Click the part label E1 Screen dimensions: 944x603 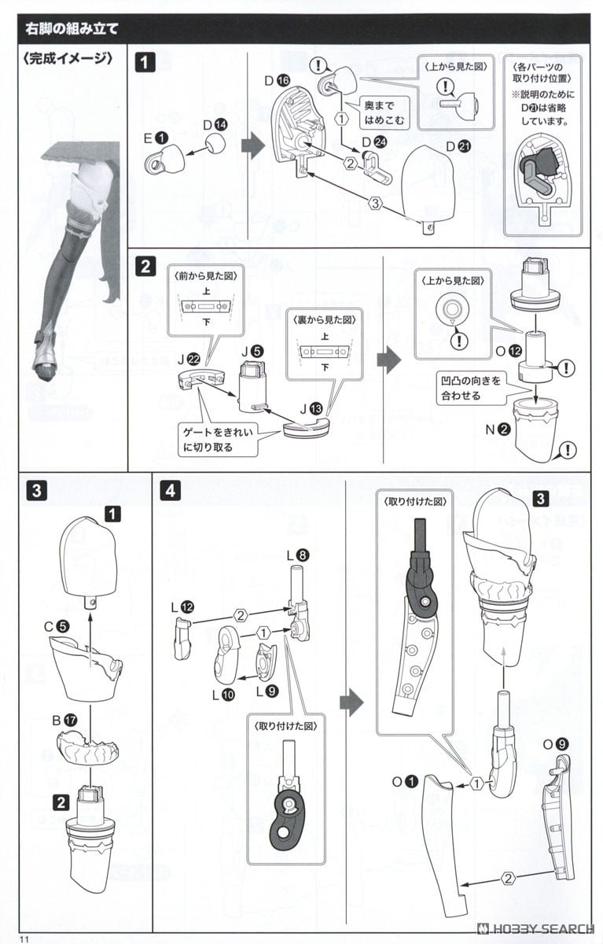click(x=155, y=136)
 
